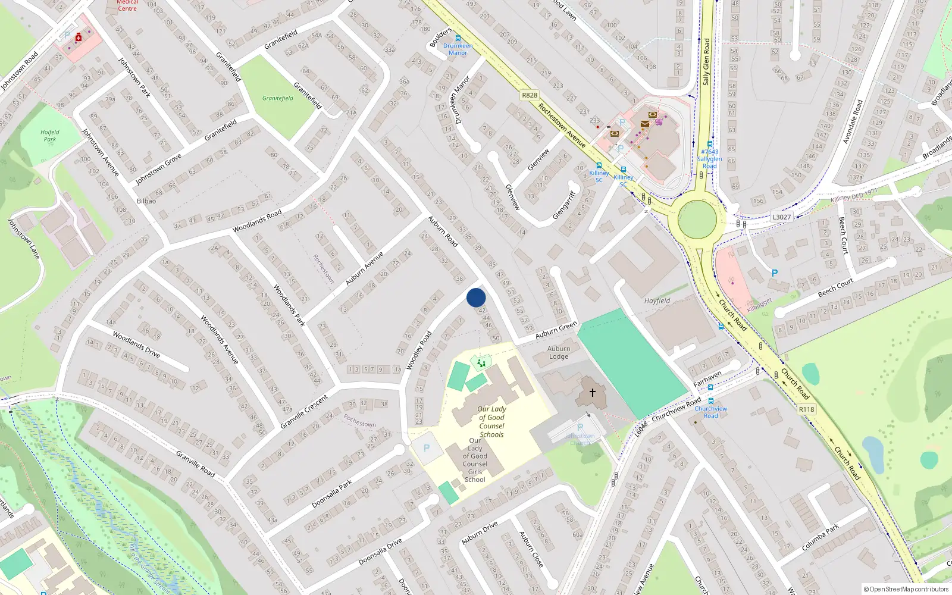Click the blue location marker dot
click(x=476, y=297)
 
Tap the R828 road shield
click(x=529, y=95)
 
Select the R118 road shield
click(x=806, y=409)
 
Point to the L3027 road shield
click(x=781, y=217)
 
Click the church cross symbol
click(x=592, y=393)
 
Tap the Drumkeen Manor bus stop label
click(x=458, y=49)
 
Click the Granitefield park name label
click(x=278, y=98)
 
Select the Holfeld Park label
click(x=50, y=136)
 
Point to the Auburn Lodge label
click(x=558, y=353)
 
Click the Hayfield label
click(x=657, y=300)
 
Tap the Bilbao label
click(x=146, y=201)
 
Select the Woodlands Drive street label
click(x=136, y=345)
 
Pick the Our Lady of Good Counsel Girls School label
click(x=475, y=460)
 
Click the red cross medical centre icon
click(x=79, y=37)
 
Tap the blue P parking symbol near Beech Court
click(x=774, y=273)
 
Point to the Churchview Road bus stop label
click(x=710, y=412)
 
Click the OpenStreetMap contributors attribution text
click(x=906, y=590)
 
